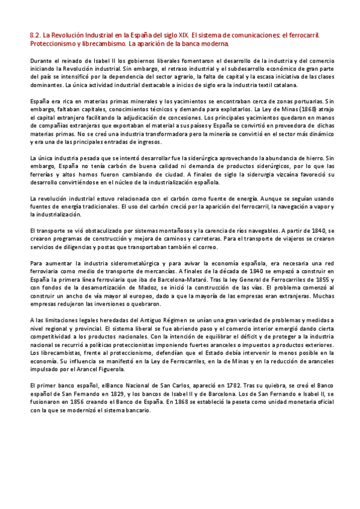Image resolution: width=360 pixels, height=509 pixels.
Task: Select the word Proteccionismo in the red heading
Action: [54, 44]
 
